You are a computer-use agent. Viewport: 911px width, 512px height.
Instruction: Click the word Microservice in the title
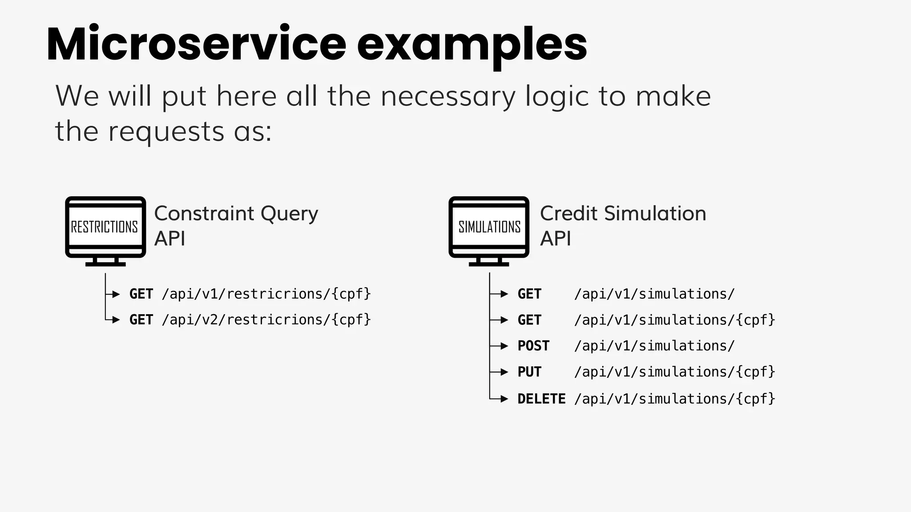[196, 44]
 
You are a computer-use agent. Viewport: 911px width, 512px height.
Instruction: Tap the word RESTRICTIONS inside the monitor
[105, 227]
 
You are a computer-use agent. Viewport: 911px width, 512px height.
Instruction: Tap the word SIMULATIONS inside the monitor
[489, 227]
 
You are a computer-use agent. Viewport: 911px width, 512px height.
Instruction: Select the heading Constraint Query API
[236, 225]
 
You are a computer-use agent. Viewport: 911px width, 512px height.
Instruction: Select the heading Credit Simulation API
[623, 225]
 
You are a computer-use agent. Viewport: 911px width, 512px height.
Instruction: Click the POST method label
[533, 346]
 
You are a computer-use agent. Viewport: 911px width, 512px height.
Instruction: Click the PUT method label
[529, 372]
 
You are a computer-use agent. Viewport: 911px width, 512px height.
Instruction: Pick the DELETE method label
[541, 399]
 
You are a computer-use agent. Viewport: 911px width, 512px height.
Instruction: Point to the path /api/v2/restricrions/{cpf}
[266, 320]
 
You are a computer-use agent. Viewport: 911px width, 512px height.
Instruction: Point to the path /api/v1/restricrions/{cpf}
[266, 294]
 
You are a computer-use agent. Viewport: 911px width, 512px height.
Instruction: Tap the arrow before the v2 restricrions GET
[115, 320]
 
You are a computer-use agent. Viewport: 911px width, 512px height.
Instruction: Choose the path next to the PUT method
[674, 372]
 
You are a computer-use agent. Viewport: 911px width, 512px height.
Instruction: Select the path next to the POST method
[654, 346]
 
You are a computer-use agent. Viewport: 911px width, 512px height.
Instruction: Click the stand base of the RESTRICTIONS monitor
[105, 264]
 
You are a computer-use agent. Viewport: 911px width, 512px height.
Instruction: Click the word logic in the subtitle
[556, 96]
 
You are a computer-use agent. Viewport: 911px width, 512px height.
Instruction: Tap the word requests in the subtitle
[166, 132]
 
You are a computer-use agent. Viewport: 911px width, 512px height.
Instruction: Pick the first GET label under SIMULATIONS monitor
[529, 294]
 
